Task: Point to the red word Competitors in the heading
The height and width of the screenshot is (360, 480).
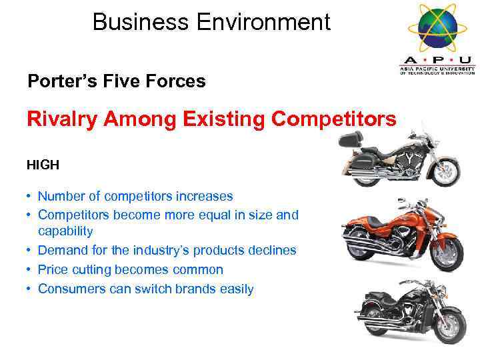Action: pos(333,119)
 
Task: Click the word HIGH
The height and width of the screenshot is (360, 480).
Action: pos(43,164)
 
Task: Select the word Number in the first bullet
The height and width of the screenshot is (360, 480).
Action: pos(59,196)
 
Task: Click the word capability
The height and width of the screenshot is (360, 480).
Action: pos(65,231)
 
